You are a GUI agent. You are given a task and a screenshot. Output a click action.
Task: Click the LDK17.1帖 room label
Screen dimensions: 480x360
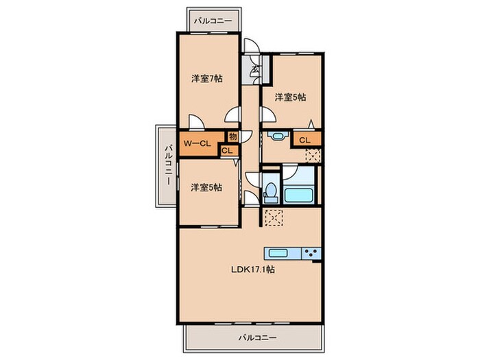point(252,269)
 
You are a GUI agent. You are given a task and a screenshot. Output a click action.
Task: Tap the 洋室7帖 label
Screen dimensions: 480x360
point(207,79)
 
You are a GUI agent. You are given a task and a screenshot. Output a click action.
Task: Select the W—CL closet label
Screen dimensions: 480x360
point(197,143)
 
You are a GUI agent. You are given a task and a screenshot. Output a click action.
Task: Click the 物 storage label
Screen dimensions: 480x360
point(233,136)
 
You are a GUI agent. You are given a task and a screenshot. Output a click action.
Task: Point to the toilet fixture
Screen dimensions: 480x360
point(271,193)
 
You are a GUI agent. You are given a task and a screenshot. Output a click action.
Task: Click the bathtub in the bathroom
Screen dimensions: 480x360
point(298,195)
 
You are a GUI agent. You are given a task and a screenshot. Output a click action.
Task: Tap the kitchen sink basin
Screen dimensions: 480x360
point(278,253)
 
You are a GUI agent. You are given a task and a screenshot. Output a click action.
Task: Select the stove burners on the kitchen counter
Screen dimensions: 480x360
point(311,253)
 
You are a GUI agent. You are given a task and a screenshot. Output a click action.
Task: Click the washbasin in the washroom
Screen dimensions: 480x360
point(277,135)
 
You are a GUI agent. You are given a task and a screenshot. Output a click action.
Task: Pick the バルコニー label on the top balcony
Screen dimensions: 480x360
point(213,21)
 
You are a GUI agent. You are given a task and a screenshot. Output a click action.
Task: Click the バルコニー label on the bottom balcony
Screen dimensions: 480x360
point(257,338)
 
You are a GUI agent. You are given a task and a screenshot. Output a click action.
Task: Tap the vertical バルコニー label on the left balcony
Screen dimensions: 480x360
point(168,165)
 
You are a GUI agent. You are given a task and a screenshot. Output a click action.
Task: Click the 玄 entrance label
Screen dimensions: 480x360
point(255,71)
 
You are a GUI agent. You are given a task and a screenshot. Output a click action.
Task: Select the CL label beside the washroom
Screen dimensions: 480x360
point(304,140)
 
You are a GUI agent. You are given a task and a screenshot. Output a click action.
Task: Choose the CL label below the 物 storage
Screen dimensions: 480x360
point(227,151)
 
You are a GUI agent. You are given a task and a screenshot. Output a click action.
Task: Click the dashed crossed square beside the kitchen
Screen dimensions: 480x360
point(274,217)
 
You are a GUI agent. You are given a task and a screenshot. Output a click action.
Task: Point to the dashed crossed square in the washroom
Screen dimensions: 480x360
point(313,155)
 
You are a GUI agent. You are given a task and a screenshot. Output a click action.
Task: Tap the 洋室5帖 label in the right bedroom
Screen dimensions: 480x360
point(290,97)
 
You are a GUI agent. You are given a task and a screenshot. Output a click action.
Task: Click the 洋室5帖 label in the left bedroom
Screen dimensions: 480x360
point(206,187)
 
